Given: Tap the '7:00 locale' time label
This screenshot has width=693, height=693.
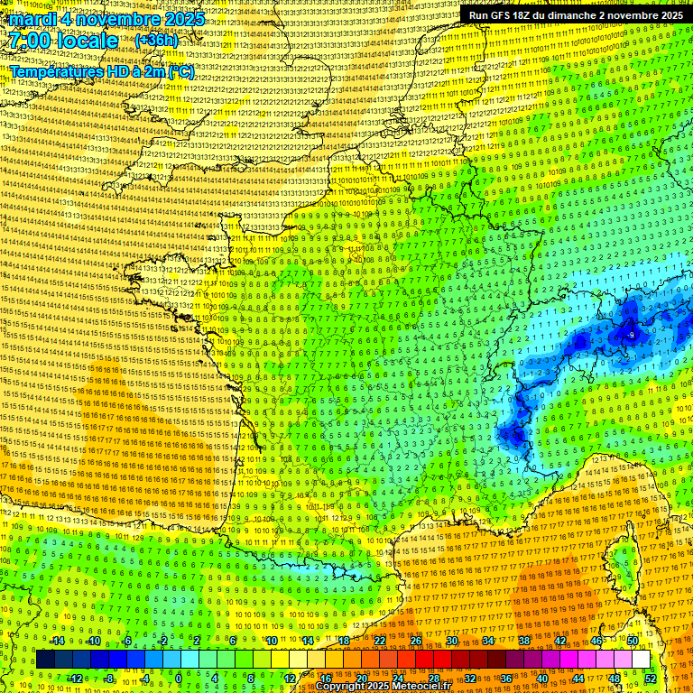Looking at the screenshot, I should coord(64,41).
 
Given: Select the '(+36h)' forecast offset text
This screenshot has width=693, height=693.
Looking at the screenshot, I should coord(156,42).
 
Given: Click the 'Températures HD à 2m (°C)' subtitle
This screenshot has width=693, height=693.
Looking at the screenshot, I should coord(101,71).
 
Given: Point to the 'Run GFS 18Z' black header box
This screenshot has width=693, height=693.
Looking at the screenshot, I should coord(575,15).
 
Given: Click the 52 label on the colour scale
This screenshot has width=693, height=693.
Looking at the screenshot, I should coord(650,678).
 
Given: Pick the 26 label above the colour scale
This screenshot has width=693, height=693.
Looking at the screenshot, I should coord(416,641).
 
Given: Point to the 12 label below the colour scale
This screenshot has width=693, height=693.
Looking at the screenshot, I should coord(289,678).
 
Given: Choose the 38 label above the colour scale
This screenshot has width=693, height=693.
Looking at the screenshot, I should coord(524,641).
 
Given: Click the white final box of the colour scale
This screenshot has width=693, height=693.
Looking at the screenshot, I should coord(641,660).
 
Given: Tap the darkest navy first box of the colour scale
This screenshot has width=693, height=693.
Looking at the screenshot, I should coord(45,660).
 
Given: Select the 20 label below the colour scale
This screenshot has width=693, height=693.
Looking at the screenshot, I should coord(361,678).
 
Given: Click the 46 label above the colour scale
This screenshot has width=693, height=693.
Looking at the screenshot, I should coord(596,641).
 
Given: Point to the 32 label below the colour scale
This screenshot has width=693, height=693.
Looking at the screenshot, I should coord(470,678).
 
